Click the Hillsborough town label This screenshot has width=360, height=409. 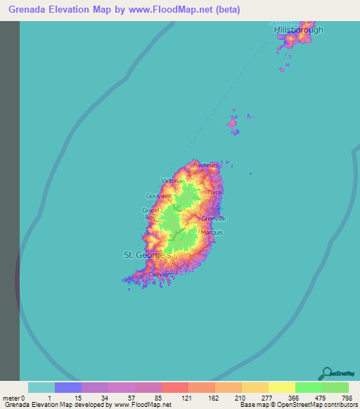pyautogui.click(x=299, y=30)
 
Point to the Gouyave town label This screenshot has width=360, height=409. pyautogui.click(x=158, y=195)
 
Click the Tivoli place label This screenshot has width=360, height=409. pyautogui.click(x=214, y=192)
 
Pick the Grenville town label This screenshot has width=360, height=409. pyautogui.click(x=213, y=219)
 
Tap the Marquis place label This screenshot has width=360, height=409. pyautogui.click(x=212, y=232)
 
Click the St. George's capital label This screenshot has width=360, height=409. pyautogui.click(x=147, y=254)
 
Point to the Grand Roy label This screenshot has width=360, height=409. pyautogui.click(x=150, y=214)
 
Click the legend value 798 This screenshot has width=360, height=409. pyautogui.click(x=345, y=397)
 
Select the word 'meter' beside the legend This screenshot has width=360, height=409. pyautogui.click(x=11, y=397)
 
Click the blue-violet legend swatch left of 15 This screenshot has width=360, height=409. pyautogui.click(x=68, y=387)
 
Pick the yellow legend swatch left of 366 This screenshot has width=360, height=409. pyautogui.click(x=281, y=387)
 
